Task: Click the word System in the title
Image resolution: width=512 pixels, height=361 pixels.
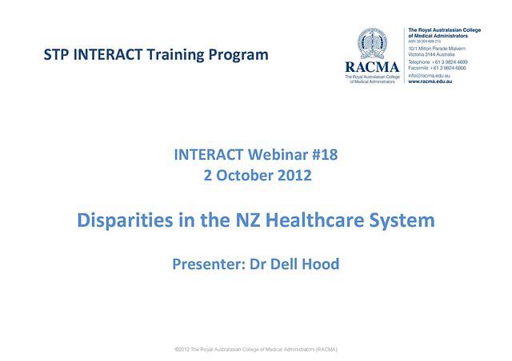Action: pyautogui.click(x=407, y=220)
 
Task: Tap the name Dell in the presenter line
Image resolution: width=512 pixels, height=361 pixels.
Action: pyautogui.click(x=281, y=264)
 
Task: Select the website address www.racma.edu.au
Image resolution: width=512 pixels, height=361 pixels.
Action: pyautogui.click(x=430, y=81)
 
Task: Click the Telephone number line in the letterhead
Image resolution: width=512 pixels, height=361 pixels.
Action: pyautogui.click(x=438, y=61)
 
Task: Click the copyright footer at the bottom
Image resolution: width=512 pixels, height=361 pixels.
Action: pyautogui.click(x=256, y=350)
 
